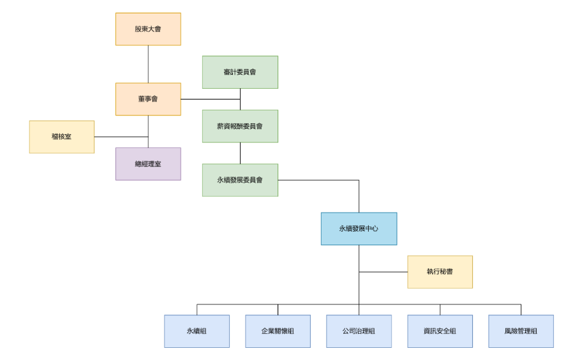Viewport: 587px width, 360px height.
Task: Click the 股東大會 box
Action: pyautogui.click(x=148, y=29)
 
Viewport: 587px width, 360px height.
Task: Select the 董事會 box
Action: pyautogui.click(x=148, y=99)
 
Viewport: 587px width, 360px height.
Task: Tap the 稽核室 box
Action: pyautogui.click(x=62, y=137)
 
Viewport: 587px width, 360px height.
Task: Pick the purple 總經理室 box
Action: pyautogui.click(x=148, y=164)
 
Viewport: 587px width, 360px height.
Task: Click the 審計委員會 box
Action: pyautogui.click(x=240, y=72)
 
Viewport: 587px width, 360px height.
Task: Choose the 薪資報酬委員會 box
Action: pyautogui.click(x=240, y=126)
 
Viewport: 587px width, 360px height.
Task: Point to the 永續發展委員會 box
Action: pyautogui.click(x=240, y=180)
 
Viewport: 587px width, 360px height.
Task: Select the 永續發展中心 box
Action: pyautogui.click(x=359, y=229)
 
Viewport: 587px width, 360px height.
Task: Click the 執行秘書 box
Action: pyautogui.click(x=440, y=272)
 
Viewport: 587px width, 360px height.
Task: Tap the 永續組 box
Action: pyautogui.click(x=197, y=331)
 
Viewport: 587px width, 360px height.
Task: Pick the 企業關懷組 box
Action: pyautogui.click(x=278, y=331)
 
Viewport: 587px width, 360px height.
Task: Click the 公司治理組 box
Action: pyautogui.click(x=359, y=331)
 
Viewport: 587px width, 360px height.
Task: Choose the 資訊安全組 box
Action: pyautogui.click(x=440, y=331)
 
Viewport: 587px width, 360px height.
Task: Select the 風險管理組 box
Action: pyautogui.click(x=521, y=331)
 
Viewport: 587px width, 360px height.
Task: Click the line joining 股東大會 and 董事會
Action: pyautogui.click(x=148, y=64)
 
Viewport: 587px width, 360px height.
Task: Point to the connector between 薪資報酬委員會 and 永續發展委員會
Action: pyautogui.click(x=240, y=153)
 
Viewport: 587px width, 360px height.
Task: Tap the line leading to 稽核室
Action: pyautogui.click(x=121, y=137)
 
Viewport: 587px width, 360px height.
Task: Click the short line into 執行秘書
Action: pyautogui.click(x=383, y=272)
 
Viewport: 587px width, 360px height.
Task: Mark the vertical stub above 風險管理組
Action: pyautogui.click(x=521, y=310)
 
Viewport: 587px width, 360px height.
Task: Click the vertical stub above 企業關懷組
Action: pyautogui.click(x=278, y=310)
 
